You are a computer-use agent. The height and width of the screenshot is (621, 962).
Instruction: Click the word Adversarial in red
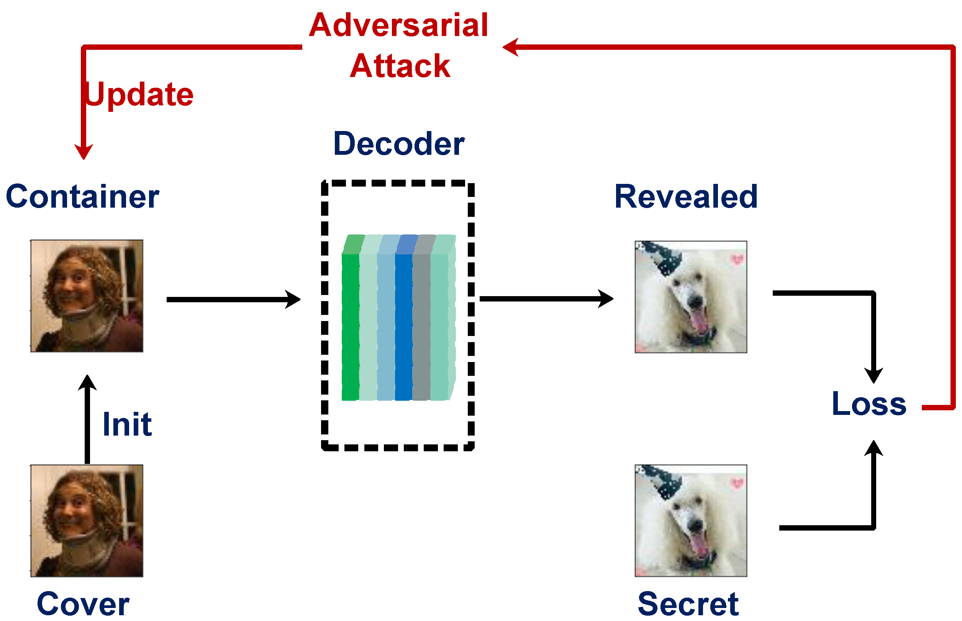pyautogui.click(x=398, y=25)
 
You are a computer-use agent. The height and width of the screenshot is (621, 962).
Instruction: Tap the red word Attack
pyautogui.click(x=400, y=66)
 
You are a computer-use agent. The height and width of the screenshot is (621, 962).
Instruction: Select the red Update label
pyautogui.click(x=139, y=94)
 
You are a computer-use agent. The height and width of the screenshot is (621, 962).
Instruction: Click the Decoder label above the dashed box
pyautogui.click(x=398, y=144)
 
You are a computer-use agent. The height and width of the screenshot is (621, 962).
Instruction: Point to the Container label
pyautogui.click(x=82, y=197)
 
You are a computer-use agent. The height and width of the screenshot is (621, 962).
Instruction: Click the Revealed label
pyautogui.click(x=685, y=197)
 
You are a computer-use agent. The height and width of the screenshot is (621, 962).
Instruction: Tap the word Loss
pyautogui.click(x=869, y=404)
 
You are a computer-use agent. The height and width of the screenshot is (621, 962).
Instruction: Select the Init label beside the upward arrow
pyautogui.click(x=127, y=424)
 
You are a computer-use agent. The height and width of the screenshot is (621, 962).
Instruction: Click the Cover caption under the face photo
pyautogui.click(x=83, y=604)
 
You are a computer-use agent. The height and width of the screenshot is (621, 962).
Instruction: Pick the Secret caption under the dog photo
pyautogui.click(x=688, y=604)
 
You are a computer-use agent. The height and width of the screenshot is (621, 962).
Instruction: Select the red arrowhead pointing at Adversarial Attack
pyautogui.click(x=510, y=47)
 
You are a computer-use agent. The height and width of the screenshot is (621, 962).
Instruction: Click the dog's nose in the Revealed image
pyautogui.click(x=695, y=301)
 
